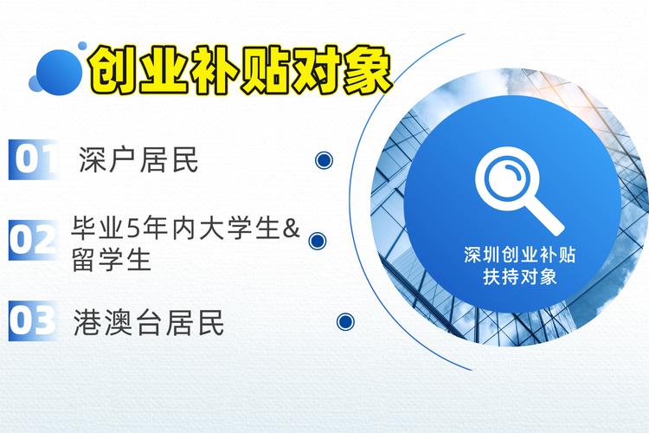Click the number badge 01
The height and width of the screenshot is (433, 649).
32,159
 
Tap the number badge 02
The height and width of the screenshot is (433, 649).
32,240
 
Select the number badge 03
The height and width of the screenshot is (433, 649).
32,320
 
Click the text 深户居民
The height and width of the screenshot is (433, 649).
138,159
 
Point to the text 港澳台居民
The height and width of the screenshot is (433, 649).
150,322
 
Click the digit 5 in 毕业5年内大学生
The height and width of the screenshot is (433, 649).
132,229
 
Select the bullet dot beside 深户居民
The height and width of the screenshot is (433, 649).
324,159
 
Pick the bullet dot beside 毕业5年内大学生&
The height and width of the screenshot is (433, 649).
317,241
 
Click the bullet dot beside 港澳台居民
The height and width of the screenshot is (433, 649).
345,321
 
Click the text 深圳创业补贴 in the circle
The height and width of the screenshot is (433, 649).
519,257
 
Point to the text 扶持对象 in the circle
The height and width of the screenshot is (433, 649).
519,278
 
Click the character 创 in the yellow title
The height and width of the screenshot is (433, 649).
113,69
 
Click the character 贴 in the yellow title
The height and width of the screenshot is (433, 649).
264,69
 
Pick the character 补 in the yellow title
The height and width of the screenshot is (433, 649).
214,69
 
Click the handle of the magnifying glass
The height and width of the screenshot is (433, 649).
548,217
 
